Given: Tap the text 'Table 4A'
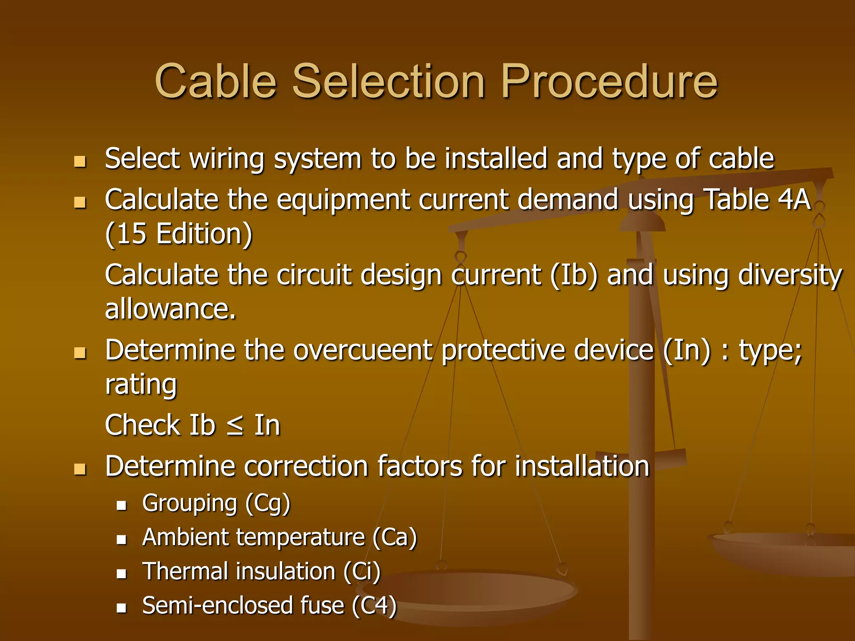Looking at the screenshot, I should [x=756, y=199].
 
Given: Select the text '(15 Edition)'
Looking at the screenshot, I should [x=179, y=234].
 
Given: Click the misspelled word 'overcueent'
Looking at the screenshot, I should [x=362, y=350].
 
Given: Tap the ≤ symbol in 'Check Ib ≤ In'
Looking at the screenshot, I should [x=235, y=426].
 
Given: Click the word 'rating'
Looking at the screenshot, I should [x=141, y=384].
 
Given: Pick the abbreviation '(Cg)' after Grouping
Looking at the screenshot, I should [x=268, y=503].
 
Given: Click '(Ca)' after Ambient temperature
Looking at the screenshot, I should [x=395, y=538].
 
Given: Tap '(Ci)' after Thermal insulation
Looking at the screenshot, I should [x=362, y=572].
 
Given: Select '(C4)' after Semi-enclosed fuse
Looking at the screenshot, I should [x=374, y=606].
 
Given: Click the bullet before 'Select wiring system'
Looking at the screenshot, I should [x=79, y=162].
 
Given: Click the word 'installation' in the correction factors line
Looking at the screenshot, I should [x=582, y=466].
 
